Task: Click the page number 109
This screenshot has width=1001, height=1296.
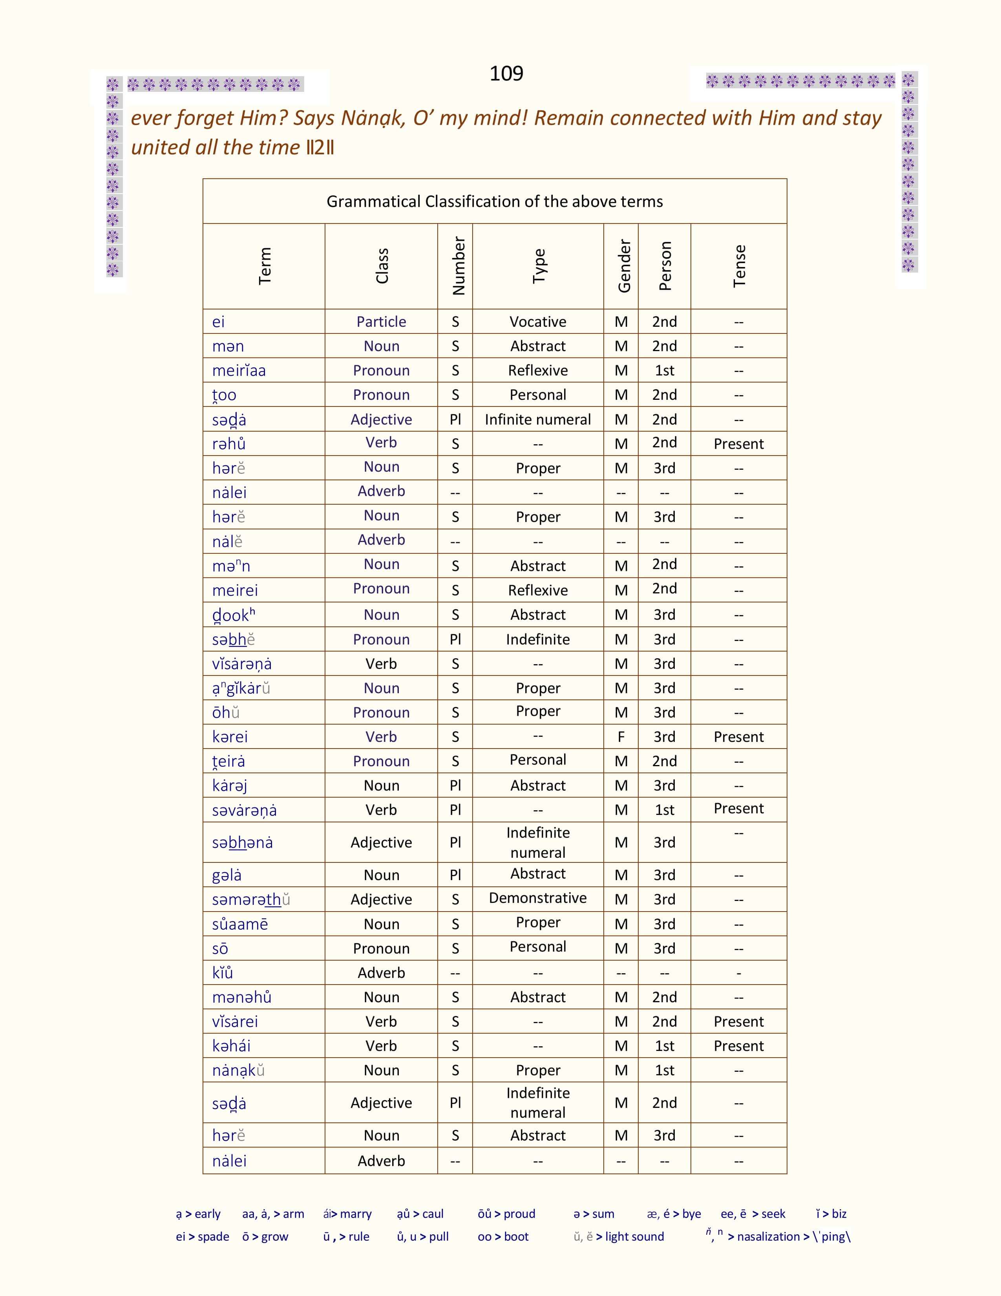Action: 506,73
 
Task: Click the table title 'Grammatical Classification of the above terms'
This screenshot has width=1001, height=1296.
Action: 495,202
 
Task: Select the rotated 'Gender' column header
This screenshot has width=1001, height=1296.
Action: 623,266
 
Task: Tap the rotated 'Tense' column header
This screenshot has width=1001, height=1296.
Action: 739,266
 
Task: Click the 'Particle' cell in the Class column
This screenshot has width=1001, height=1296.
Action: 381,322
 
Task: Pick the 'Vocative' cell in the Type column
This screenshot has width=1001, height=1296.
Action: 538,322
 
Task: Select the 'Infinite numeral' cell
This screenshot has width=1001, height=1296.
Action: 538,419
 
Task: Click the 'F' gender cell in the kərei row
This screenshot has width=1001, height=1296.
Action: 621,736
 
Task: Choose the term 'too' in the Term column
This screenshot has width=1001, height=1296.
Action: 224,395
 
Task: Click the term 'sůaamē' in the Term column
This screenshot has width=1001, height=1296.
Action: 240,924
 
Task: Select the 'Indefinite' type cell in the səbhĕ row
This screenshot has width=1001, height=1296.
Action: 538,639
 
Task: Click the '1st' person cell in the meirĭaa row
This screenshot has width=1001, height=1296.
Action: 664,370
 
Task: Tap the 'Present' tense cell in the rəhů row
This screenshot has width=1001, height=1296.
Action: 738,444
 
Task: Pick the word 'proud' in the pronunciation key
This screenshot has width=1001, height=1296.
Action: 519,1214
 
